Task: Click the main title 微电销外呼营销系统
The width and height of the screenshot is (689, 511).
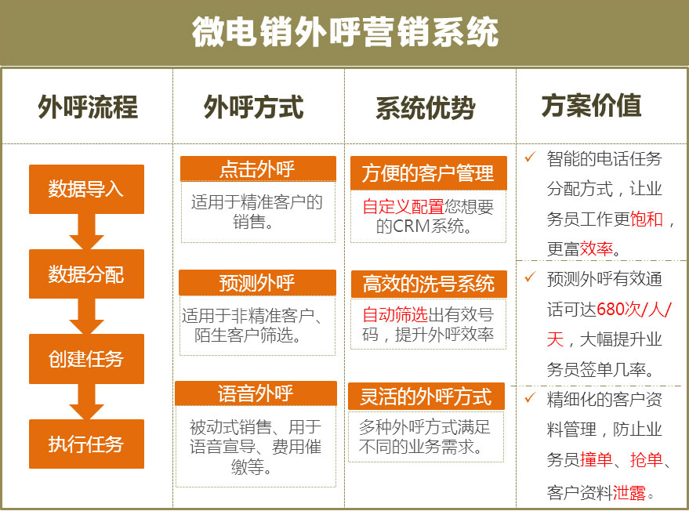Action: pos(345,32)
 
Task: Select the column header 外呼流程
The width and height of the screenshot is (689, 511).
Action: pos(88,107)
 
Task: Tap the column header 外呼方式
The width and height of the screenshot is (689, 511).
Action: pos(253,107)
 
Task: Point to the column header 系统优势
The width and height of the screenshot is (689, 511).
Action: pos(426,107)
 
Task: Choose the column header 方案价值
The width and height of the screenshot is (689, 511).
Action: pos(591,106)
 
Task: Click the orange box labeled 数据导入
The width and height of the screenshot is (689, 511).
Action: pos(86,190)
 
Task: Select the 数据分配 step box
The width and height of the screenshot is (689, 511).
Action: pos(86,274)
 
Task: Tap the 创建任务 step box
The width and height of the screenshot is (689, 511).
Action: pos(86,358)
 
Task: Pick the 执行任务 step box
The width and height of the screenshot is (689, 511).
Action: pos(86,444)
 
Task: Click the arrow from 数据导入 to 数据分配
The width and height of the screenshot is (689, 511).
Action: pos(86,231)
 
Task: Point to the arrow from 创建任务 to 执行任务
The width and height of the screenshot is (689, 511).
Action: pos(86,401)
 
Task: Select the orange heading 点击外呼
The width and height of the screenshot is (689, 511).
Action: pos(258,169)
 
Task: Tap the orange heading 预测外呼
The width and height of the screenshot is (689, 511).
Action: pos(258,282)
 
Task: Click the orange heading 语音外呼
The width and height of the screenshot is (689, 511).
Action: pos(256,393)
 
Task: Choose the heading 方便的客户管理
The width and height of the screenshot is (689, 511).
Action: pos(429,173)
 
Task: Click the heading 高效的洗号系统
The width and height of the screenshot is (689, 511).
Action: pos(429,284)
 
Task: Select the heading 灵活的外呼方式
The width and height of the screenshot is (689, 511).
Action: pos(426,397)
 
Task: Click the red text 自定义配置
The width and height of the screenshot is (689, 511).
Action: pos(404,206)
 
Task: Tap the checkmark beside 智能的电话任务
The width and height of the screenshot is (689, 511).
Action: pos(530,157)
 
